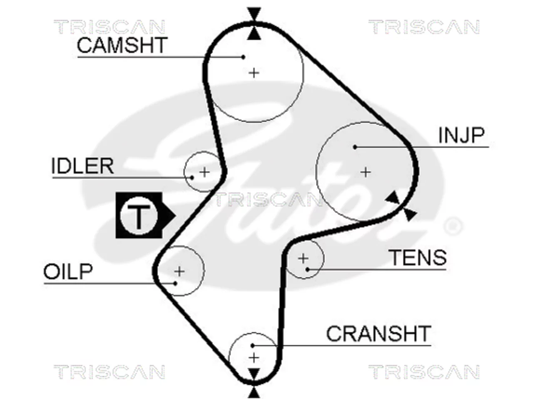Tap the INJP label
[461, 135]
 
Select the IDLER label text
[82, 166]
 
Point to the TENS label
[418, 258]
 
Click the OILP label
[68, 271]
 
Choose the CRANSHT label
[379, 334]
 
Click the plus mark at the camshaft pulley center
[254, 73]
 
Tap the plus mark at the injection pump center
[366, 172]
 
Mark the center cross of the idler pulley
[204, 172]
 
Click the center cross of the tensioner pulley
[303, 258]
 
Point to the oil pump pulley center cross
[179, 271]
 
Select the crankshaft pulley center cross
[254, 358]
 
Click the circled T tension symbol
[139, 215]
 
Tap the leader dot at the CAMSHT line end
[243, 57]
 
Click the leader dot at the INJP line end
[355, 147]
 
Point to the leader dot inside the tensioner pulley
[307, 269]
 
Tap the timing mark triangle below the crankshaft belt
[254, 392]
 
